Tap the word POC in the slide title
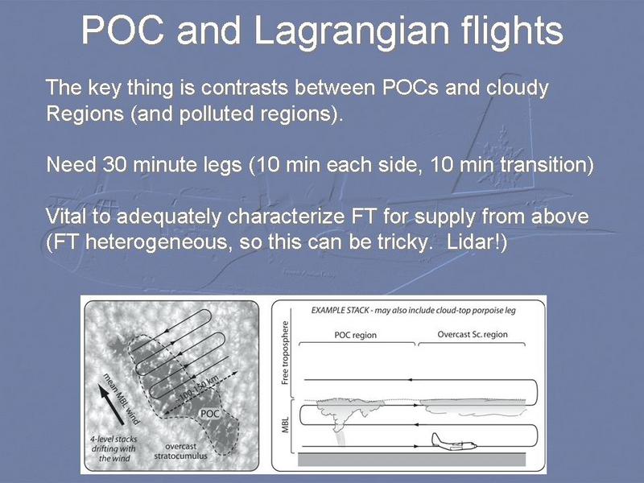click(123, 30)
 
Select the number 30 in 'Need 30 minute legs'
click(115, 165)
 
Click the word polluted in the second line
click(217, 114)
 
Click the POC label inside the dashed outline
click(209, 413)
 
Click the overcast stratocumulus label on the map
click(180, 451)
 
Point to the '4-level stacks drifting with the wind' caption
click(114, 448)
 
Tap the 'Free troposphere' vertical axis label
click(285, 353)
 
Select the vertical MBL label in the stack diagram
click(285, 425)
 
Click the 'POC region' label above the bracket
click(355, 335)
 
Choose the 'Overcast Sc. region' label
click(473, 334)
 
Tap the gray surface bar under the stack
click(411, 459)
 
